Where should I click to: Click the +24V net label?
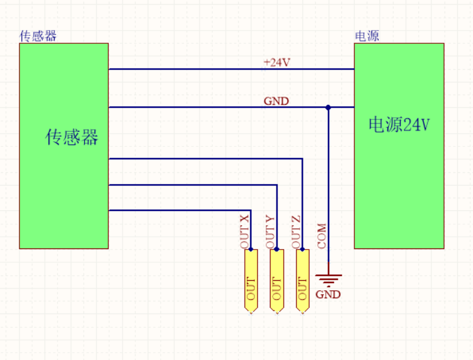pos(277,62)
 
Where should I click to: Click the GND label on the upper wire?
pos(276,101)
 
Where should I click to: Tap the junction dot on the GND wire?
pos(328,107)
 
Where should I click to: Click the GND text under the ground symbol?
pos(328,294)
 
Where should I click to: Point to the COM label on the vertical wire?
pos(322,236)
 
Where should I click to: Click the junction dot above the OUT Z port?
pos(302,248)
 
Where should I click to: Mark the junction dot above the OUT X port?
pos(251,248)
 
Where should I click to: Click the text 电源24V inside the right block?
pos(399,125)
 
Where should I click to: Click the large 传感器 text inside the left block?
pos(72,137)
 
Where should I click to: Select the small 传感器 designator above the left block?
pos(38,36)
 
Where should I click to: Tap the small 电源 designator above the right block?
pos(367,36)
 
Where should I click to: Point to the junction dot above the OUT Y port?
pos(277,248)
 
